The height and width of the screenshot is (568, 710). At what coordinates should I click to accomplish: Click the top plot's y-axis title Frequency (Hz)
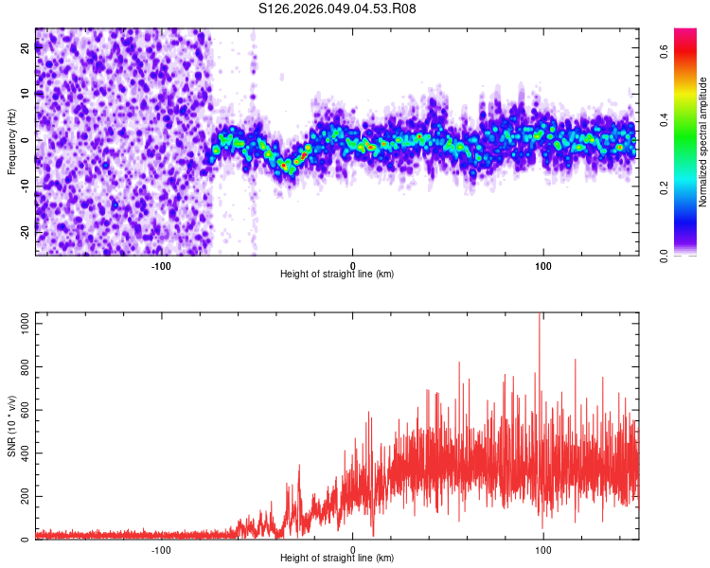[11, 142]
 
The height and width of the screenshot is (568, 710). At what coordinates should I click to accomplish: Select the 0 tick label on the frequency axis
[26, 139]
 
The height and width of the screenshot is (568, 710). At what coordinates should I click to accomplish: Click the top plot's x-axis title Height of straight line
[337, 274]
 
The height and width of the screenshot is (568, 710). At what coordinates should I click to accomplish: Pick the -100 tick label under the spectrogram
[161, 264]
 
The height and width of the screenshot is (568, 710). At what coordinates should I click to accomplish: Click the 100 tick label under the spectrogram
[543, 264]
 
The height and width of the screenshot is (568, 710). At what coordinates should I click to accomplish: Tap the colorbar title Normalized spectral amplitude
[704, 142]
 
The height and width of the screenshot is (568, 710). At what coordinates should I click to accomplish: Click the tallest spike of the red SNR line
[540, 315]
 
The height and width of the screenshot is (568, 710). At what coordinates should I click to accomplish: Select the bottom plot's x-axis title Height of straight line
[337, 558]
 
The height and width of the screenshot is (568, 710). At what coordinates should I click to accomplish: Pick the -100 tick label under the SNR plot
[161, 549]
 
